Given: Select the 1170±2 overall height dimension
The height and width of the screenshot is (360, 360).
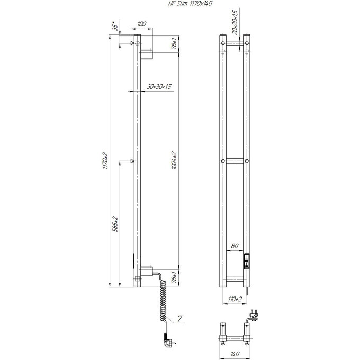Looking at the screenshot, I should click(x=105, y=162).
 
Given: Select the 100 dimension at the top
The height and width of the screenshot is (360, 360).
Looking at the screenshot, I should click(x=141, y=24).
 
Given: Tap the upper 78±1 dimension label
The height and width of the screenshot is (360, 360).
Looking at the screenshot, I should click(x=174, y=43).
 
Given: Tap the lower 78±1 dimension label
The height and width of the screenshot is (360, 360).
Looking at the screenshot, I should click(x=174, y=277).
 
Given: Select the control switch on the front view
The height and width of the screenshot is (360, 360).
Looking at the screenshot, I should click(x=246, y=261).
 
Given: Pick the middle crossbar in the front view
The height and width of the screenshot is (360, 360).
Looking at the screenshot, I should click(x=235, y=161).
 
